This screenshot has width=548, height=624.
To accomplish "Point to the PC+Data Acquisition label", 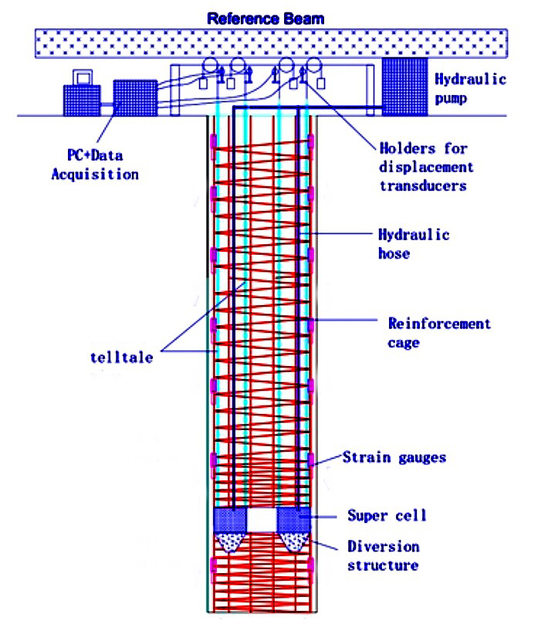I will (95, 164).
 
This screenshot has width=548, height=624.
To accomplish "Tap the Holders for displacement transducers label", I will (426, 167).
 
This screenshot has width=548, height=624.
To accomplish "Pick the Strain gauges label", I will (394, 457).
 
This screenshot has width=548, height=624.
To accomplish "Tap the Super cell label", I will (386, 515).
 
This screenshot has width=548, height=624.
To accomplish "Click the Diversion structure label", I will (384, 556).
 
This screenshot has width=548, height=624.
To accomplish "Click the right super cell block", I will (293, 518).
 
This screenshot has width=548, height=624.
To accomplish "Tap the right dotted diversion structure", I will (294, 541).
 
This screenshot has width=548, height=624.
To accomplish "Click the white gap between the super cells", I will (262, 519).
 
